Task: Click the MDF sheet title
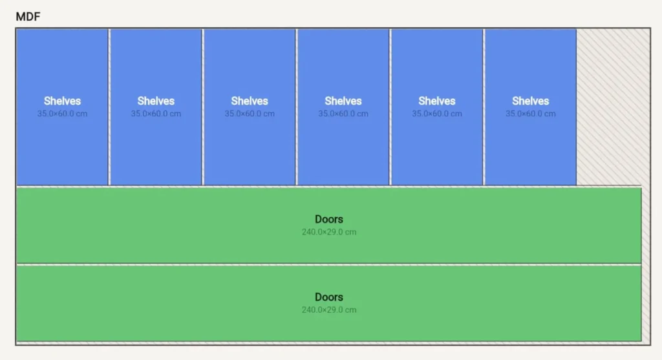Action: coord(28,16)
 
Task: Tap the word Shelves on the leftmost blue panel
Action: coord(62,101)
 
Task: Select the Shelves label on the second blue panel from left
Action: coord(156,101)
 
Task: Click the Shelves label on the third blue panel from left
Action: coord(250,101)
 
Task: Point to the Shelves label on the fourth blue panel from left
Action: coord(343,101)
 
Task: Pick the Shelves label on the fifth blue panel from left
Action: coord(437,101)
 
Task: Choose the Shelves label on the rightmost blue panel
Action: coord(531,101)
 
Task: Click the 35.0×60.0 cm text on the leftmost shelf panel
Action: coord(62,114)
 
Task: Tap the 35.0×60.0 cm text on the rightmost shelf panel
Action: coord(531,114)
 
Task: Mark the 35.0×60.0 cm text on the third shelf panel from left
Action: coord(250,114)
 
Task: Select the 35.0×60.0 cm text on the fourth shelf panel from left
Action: coord(343,114)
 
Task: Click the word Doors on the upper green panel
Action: coord(329,219)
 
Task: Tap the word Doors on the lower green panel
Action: coord(329,297)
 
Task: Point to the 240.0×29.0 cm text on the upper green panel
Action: coord(329,231)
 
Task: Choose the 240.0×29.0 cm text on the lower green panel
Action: coord(329,310)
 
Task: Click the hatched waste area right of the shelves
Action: coord(613,107)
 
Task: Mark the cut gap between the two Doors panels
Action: coord(329,264)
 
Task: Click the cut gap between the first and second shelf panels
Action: coord(109,107)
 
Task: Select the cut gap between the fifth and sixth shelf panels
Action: coord(484,107)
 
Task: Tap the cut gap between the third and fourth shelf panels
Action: coord(296,107)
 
